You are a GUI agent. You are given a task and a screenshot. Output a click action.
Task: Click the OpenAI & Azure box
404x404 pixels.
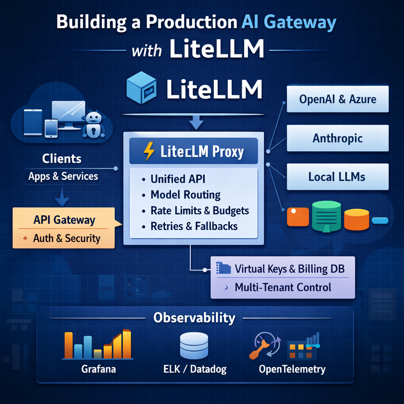tap(338, 99)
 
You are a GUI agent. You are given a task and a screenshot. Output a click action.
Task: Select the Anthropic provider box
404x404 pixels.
tap(338, 138)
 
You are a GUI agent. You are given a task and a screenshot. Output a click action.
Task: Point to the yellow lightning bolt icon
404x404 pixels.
tap(149, 151)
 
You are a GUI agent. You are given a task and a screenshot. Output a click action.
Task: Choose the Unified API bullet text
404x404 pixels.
tap(178, 179)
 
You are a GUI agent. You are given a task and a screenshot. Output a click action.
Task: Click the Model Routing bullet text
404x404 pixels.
tap(185, 195)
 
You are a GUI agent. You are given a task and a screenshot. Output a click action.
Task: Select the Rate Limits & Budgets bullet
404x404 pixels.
tap(200, 211)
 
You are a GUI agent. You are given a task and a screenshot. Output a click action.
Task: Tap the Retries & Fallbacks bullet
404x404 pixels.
tap(194, 226)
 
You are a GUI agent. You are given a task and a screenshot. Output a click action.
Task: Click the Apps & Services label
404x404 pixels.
tap(63, 176)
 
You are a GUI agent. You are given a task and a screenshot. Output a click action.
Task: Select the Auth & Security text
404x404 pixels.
tap(67, 238)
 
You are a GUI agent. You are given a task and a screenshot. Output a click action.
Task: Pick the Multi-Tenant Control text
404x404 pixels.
tap(283, 287)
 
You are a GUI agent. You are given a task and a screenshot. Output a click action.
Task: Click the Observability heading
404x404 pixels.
tap(194, 318)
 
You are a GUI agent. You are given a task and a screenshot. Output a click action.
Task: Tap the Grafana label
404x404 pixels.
tap(99, 370)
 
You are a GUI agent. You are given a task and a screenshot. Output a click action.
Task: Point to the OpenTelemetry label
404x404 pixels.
tap(292, 370)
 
